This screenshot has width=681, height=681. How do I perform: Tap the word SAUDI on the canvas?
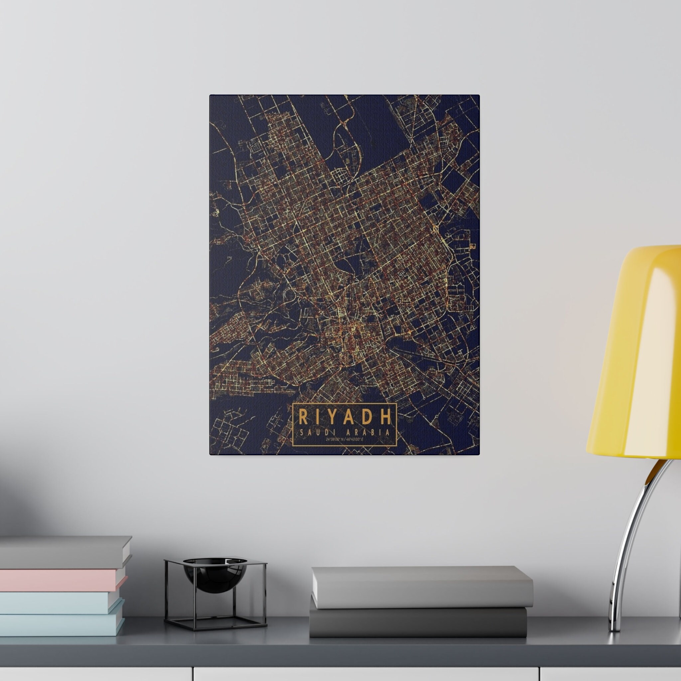click(x=316, y=433)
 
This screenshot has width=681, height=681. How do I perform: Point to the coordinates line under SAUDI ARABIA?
click(x=344, y=440)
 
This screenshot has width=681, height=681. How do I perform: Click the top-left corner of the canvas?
click(x=211, y=95)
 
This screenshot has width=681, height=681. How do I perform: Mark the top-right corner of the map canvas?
click(x=479, y=95)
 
